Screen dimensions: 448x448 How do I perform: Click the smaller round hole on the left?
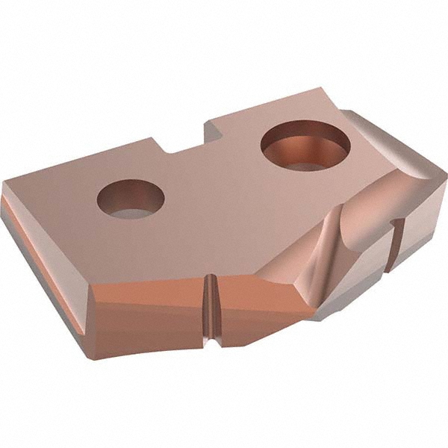pyautogui.click(x=131, y=199)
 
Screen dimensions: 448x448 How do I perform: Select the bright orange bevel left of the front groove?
pyautogui.click(x=149, y=287)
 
